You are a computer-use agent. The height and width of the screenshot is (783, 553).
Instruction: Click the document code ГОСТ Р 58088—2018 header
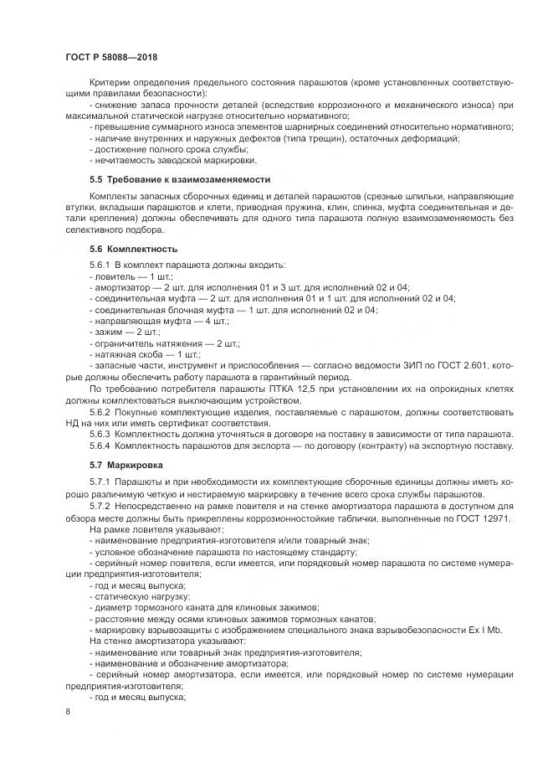click(110, 56)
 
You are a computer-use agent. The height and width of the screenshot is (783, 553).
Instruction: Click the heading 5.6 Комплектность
click(133, 250)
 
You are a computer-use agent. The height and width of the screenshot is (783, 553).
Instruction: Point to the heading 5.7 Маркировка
click(127, 463)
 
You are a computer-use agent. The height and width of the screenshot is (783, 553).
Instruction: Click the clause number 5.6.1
click(100, 264)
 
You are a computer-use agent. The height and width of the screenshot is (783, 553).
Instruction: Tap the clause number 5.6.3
click(100, 435)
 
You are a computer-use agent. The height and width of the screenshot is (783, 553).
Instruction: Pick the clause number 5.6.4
click(100, 446)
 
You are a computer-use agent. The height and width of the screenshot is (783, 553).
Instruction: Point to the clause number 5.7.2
click(100, 507)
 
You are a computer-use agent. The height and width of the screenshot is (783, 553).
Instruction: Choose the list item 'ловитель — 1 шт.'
click(125, 275)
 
